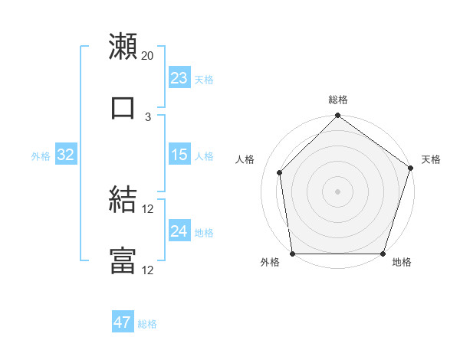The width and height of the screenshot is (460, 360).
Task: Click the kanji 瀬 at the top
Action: click(x=123, y=46)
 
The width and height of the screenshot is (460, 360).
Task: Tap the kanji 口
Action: click(x=123, y=106)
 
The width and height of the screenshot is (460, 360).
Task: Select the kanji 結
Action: click(x=123, y=199)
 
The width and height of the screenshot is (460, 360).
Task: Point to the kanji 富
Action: click(x=123, y=260)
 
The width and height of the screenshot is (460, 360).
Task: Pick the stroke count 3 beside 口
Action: click(x=148, y=116)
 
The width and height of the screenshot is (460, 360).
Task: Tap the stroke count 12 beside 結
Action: click(x=148, y=208)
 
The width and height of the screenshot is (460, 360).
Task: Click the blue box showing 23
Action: click(x=179, y=78)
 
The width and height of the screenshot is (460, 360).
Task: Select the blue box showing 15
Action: click(x=179, y=155)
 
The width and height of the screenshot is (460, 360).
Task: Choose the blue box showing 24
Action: click(x=179, y=231)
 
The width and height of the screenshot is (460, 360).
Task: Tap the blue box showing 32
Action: click(x=66, y=155)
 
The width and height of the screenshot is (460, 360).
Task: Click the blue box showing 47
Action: click(x=123, y=322)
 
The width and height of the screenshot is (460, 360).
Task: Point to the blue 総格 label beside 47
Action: click(x=147, y=324)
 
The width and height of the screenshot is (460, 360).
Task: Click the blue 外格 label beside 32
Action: click(x=41, y=156)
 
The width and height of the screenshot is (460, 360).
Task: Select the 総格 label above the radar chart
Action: click(x=338, y=100)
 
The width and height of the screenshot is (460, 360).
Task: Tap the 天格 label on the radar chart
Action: click(x=431, y=159)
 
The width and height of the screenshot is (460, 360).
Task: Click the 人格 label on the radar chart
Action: click(x=245, y=159)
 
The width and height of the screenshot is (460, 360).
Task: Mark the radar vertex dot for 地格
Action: click(x=383, y=254)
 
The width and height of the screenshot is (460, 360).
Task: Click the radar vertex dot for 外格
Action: click(x=293, y=254)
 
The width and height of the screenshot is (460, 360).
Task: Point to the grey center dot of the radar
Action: click(x=338, y=191)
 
